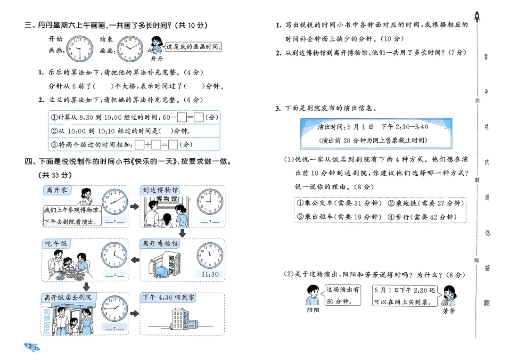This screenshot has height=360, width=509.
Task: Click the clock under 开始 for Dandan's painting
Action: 80,49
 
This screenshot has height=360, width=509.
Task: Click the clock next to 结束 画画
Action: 130,49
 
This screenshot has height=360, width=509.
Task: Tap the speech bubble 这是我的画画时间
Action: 194,48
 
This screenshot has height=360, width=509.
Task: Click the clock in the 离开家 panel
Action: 115,201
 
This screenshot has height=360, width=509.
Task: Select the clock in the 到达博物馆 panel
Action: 210,201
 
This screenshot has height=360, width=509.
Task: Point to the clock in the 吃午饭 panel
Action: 115,255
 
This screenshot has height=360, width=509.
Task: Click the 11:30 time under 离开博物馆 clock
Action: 210,274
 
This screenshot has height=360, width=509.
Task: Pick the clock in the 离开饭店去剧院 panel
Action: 115,309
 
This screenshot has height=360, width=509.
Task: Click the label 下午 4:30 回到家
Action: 168,297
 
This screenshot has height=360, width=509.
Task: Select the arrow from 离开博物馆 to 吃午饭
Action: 134,260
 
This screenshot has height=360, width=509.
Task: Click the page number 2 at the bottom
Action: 31,347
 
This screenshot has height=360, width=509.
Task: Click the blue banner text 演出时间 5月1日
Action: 376,127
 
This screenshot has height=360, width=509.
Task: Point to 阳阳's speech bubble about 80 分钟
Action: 343,295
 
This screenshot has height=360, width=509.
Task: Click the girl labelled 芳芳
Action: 448,296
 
